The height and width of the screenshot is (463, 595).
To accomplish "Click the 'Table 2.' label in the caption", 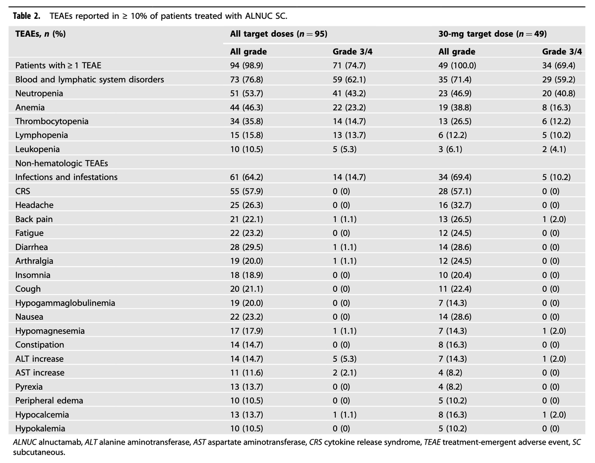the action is [27, 16].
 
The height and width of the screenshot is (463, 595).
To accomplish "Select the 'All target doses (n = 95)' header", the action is [279, 34].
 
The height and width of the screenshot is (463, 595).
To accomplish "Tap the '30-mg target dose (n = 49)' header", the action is [492, 34].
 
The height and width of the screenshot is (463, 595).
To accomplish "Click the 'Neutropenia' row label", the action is [39, 93].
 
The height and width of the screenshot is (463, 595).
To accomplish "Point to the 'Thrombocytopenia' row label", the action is [52, 121].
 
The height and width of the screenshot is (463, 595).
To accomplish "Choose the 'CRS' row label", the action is [23, 191].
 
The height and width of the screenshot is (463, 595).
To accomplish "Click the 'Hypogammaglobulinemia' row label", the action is [65, 303].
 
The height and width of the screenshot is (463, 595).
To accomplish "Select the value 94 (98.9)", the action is [246, 65].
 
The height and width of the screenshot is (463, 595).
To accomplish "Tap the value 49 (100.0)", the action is [457, 65].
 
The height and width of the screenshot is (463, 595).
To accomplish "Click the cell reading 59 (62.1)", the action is [349, 79].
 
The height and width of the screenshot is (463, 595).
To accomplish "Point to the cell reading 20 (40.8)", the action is [559, 93].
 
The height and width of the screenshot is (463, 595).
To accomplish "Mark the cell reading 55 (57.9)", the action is [246, 191].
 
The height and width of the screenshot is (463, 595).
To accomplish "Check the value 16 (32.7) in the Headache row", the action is [455, 205].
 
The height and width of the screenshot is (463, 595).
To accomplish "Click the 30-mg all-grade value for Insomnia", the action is [455, 275].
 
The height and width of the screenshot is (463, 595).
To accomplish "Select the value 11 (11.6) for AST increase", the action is [246, 372].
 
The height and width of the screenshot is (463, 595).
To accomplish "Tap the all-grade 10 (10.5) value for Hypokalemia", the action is [246, 428].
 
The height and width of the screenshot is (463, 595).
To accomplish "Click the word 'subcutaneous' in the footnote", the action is [38, 452].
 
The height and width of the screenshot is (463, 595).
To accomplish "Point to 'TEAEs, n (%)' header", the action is [41, 34].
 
